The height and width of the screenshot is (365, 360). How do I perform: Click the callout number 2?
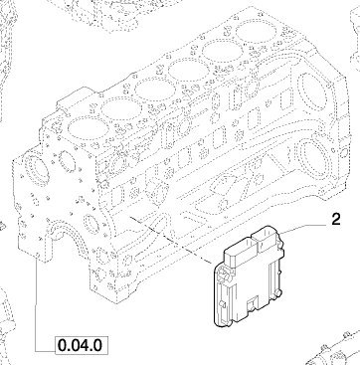click(x=336, y=220)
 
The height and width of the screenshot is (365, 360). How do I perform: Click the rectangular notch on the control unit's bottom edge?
click(x=252, y=302)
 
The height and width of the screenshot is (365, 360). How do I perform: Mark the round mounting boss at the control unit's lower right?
click(x=280, y=292)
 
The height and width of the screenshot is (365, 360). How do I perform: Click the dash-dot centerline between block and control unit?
click(x=171, y=241)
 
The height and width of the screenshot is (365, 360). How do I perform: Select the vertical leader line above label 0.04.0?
click(x=36, y=305)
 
